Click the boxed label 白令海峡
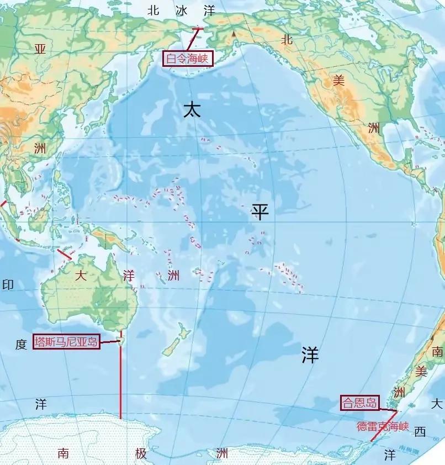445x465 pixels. click(x=188, y=59)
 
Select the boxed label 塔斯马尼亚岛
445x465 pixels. click(x=66, y=342)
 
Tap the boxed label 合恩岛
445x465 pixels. click(x=359, y=403)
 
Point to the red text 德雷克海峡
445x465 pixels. click(x=383, y=426)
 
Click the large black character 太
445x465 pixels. click(x=192, y=110)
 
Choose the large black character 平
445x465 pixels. click(x=260, y=212)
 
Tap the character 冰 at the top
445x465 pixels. click(x=182, y=10)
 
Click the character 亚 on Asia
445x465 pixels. click(x=40, y=49)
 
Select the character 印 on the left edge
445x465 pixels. click(x=8, y=285)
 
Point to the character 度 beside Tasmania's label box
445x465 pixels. click(x=21, y=345)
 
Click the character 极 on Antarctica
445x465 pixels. click(x=141, y=453)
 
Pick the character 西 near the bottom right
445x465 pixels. click(x=420, y=432)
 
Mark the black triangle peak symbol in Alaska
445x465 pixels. click(x=234, y=34)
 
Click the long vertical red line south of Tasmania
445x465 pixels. click(x=120, y=381)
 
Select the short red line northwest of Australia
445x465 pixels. click(x=65, y=255)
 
